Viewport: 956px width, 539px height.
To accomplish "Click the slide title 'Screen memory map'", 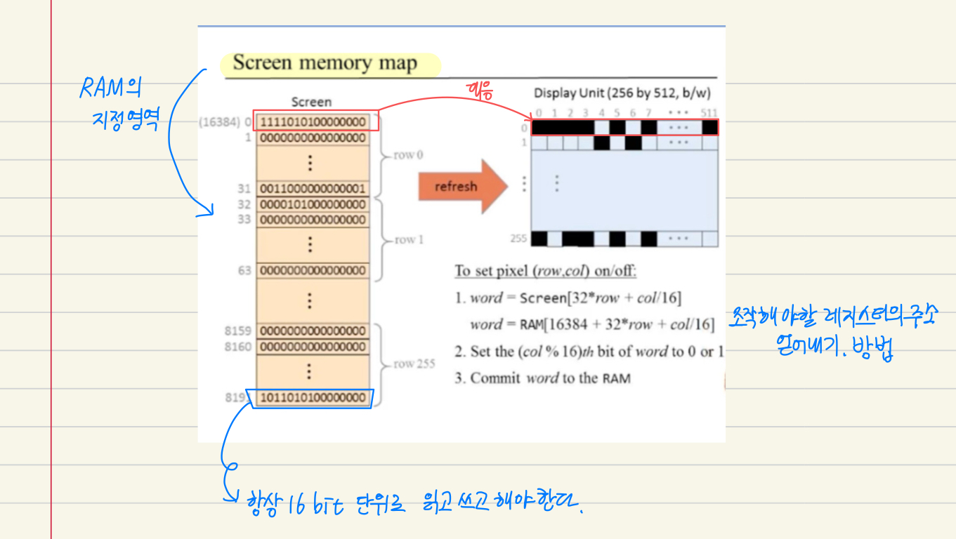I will pyautogui.click(x=325, y=63).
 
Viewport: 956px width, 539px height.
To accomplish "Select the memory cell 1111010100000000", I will pyautogui.click(x=313, y=122).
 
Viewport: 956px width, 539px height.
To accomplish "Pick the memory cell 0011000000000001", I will pyautogui.click(x=313, y=189).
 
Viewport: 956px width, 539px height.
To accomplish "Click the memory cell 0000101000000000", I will pyautogui.click(x=313, y=204).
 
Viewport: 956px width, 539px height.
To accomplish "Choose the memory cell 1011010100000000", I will pyautogui.click(x=313, y=398).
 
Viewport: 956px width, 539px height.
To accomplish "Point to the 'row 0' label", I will pyautogui.click(x=408, y=155).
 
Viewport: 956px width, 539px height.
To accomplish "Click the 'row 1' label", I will pyautogui.click(x=409, y=240).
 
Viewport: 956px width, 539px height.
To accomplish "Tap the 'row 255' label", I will pyautogui.click(x=414, y=364).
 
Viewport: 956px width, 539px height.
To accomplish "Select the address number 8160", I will pyautogui.click(x=239, y=347).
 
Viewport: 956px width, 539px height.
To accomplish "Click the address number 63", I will pyautogui.click(x=244, y=270).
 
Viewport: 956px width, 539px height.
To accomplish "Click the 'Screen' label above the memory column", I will pyautogui.click(x=311, y=102).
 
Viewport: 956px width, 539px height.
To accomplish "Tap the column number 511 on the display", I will pyautogui.click(x=709, y=113).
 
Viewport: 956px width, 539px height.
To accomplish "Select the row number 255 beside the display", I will pyautogui.click(x=518, y=239).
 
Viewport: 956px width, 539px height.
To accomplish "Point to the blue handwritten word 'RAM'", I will pyautogui.click(x=103, y=88).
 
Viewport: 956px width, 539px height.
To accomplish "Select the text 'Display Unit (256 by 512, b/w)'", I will pyautogui.click(x=625, y=93).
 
